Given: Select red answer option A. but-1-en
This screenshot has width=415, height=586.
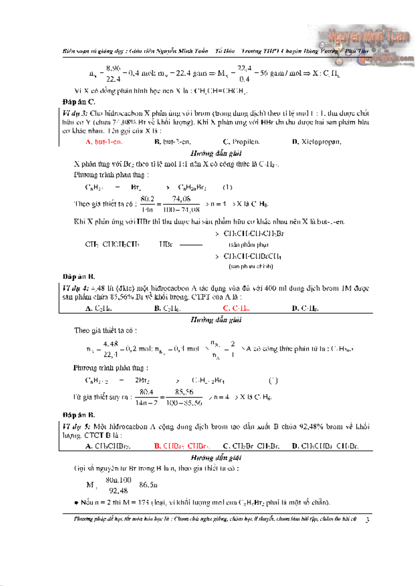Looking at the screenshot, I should (104, 142).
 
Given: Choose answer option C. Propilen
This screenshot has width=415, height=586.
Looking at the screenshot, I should (241, 142).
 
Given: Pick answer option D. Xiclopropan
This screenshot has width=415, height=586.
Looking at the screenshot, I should (316, 142).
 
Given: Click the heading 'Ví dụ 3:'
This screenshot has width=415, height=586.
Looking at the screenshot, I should (75, 113).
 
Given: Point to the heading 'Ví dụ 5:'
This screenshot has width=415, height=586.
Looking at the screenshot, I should (76, 427).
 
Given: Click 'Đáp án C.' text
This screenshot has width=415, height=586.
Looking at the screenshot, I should (79, 102).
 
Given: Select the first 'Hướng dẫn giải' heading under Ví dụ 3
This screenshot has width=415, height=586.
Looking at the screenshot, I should (216, 153).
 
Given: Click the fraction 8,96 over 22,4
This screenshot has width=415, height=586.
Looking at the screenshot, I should (113, 73).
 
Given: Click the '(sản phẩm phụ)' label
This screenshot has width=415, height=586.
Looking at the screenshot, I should (249, 245).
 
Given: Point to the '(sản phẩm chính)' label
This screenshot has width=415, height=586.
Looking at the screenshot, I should (251, 266).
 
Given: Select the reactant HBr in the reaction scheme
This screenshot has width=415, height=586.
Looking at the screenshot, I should (166, 244).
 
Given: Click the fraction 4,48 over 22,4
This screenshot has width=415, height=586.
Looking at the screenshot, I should (110, 349).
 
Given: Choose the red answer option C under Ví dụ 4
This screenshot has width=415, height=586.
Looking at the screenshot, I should (236, 308).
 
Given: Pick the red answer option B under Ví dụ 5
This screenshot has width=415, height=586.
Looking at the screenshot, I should (182, 446).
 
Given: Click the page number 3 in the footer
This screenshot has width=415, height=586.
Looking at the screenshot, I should (367, 520).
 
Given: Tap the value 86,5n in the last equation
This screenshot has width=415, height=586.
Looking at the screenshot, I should (148, 485).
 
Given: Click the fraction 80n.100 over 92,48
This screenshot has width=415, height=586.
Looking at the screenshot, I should (118, 485).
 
